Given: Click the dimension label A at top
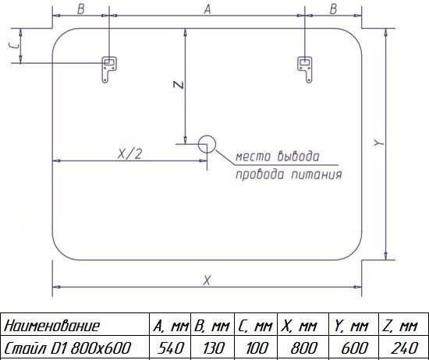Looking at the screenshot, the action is [x=207, y=9].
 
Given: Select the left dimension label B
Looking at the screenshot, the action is [x=80, y=9].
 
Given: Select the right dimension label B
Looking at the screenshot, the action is [x=333, y=9].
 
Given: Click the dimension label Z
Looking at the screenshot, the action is [x=179, y=85].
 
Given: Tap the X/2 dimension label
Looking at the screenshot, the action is [x=130, y=154].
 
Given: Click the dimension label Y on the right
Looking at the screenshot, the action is [x=379, y=143].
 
